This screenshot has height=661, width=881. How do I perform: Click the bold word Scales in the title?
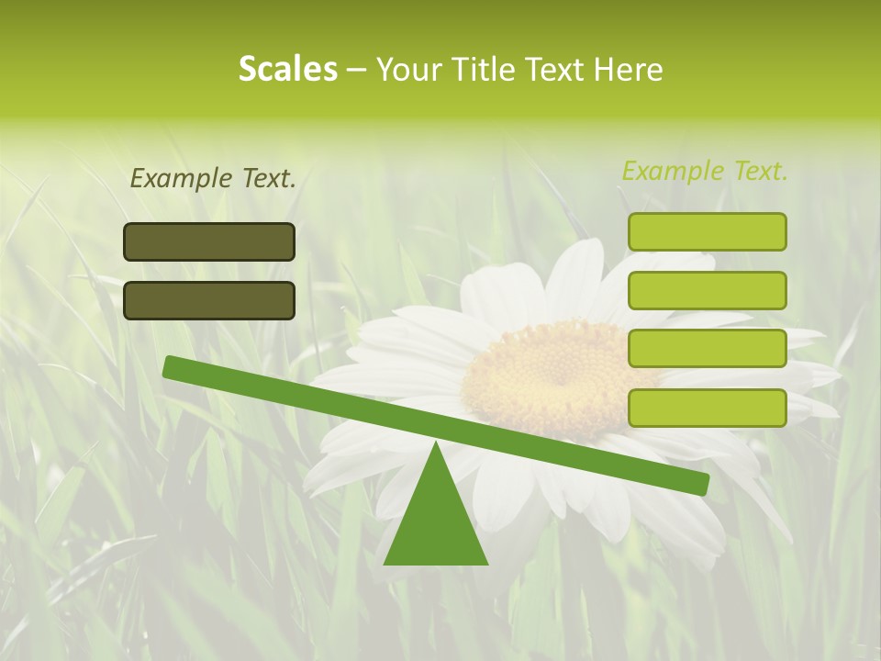click(288, 70)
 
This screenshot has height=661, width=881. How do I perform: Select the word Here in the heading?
click(629, 70)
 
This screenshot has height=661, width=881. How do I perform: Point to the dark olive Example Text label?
click(213, 179)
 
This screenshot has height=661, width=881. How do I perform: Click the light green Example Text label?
click(705, 171)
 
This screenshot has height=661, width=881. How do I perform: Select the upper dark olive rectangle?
click(209, 241)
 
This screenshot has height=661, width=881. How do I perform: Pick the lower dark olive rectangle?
click(209, 300)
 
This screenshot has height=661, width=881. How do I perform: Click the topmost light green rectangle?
click(708, 231)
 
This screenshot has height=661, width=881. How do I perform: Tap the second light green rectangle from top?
click(708, 290)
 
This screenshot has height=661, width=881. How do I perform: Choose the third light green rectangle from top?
click(708, 349)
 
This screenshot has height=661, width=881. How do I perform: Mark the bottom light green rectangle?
click(708, 408)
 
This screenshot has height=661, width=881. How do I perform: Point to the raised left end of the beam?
click(171, 366)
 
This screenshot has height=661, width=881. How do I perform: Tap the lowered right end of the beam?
click(701, 483)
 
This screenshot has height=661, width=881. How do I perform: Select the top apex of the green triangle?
click(436, 444)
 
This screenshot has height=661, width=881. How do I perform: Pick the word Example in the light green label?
click(673, 171)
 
